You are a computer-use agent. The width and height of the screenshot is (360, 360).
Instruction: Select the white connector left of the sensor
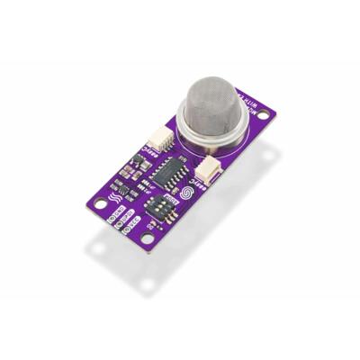tap(159, 138)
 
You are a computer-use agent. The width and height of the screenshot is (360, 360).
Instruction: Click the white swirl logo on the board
tap(186, 193)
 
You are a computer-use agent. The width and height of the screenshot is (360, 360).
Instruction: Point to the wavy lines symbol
tap(114, 196)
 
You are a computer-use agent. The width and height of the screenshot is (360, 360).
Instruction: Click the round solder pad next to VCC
tap(127, 231)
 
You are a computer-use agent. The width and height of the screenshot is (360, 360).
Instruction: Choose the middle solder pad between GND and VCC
tap(119, 225)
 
